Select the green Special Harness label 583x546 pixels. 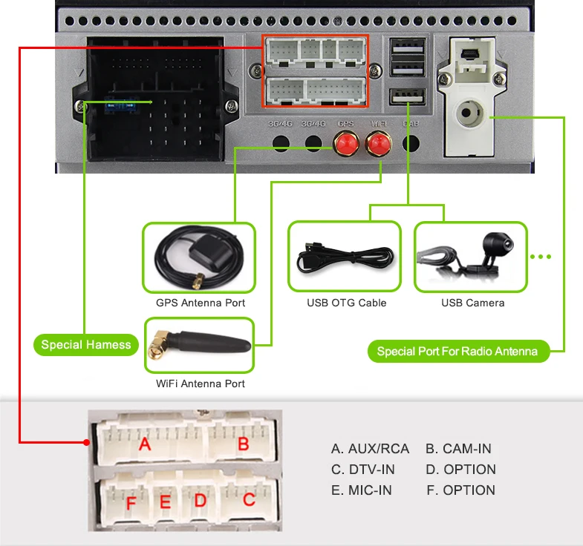click(x=86, y=344)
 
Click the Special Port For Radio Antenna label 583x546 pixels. click(x=457, y=351)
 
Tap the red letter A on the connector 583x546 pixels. click(x=145, y=444)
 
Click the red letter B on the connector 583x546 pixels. click(x=242, y=444)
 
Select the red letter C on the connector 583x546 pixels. click(x=249, y=499)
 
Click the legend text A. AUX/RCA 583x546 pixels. click(x=370, y=449)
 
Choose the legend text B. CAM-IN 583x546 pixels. click(x=458, y=449)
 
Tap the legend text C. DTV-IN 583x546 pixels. click(x=362, y=470)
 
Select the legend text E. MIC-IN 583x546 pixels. click(x=361, y=490)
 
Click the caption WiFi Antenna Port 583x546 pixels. click(x=200, y=384)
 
